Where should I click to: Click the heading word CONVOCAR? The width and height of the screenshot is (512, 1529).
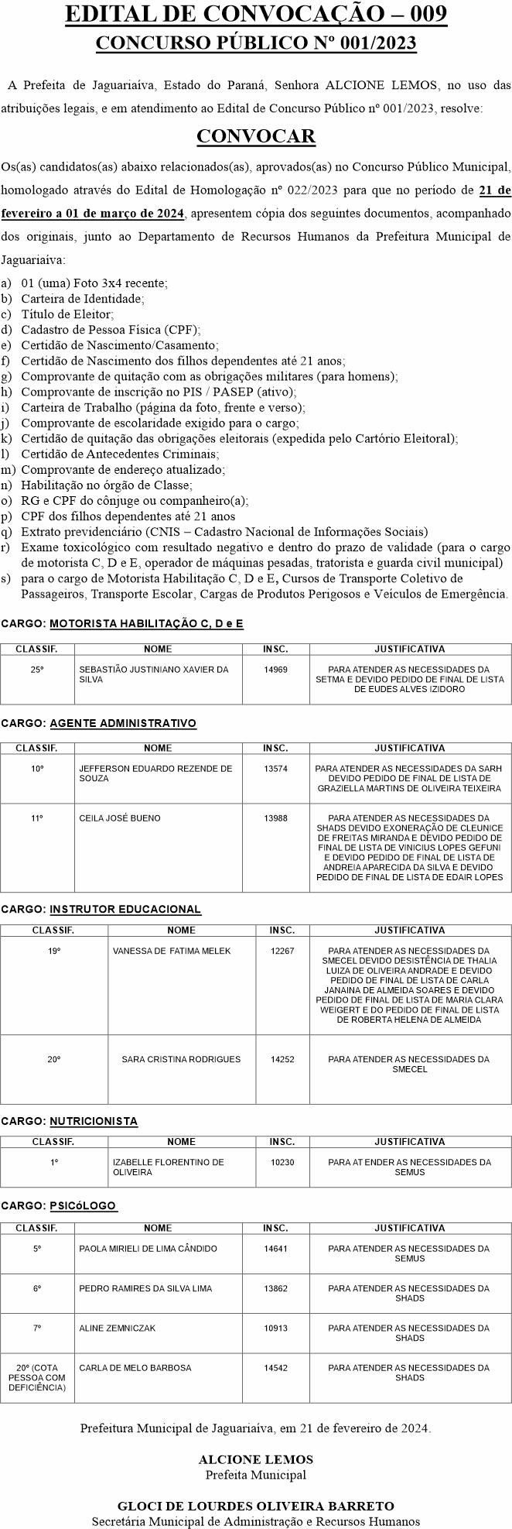256,137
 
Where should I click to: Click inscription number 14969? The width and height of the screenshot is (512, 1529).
275,669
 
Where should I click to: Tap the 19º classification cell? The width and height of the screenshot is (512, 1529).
53,951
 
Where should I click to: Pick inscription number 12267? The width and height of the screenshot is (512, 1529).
282,951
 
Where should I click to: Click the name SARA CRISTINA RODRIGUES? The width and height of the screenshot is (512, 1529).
181,1059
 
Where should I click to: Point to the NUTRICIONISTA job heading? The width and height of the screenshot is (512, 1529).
94,1121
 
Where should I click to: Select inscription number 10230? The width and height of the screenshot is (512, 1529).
282,1162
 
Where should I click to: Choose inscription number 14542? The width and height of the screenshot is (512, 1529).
275,1368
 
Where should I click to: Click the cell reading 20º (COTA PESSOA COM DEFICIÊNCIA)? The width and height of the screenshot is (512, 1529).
37,1377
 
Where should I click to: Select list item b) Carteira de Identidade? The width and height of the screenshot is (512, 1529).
82,298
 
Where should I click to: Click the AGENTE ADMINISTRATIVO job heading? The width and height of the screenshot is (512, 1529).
123,723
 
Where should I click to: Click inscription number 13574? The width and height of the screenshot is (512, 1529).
275,769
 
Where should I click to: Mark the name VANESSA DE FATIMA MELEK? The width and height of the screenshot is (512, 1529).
172,951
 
